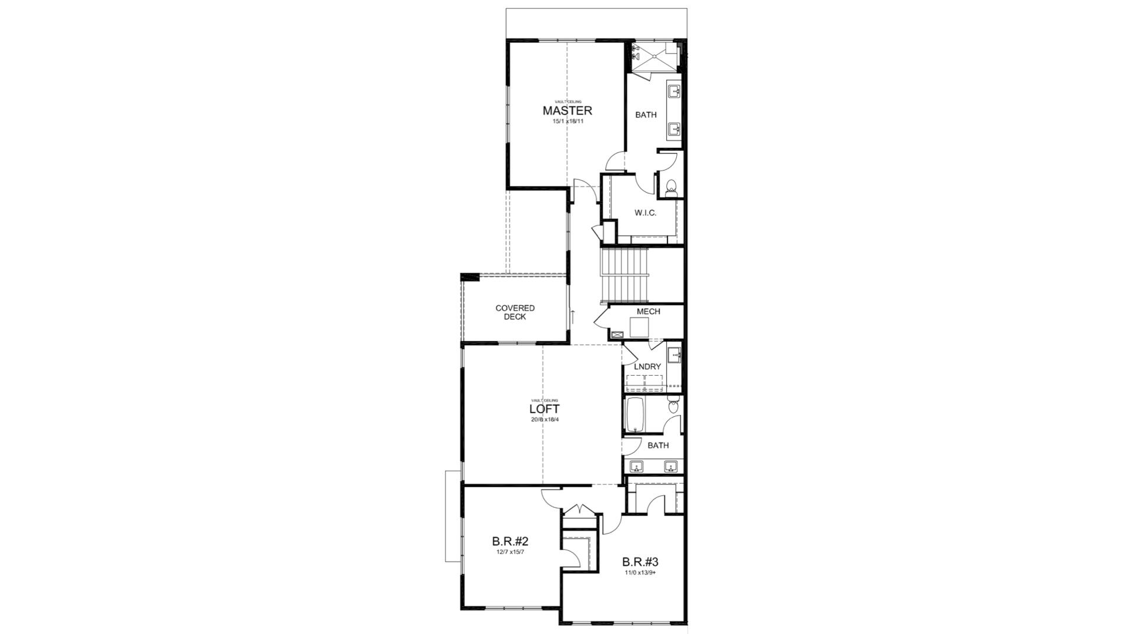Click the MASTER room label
567,110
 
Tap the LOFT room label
544,409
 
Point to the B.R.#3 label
640,562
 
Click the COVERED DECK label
515,312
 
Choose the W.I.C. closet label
645,213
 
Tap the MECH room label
648,312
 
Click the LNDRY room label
647,366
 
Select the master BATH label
646,115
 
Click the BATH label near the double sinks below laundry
658,446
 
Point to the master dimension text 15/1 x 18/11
568,122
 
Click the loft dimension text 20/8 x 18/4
544,420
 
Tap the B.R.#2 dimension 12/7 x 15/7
509,552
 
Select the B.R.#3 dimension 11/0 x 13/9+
640,572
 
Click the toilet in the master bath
672,188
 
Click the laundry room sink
674,355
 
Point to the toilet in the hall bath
674,406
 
